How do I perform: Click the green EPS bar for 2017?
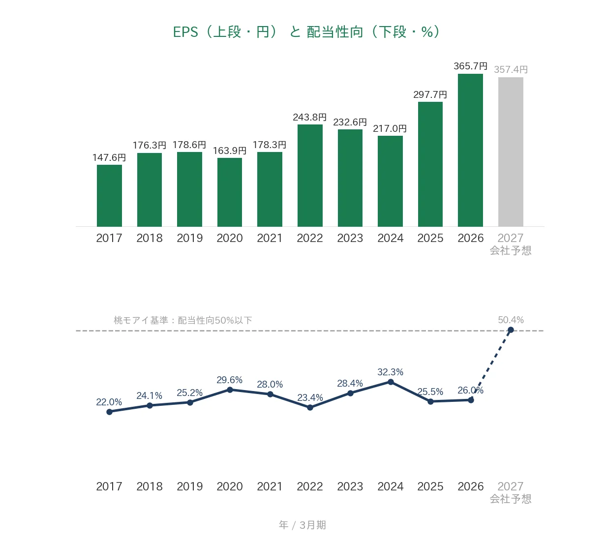(x=109, y=195)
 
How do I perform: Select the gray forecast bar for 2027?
(x=511, y=152)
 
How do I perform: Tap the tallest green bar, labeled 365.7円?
(x=470, y=150)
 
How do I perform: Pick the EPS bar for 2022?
(x=310, y=175)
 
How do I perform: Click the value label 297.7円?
(x=430, y=95)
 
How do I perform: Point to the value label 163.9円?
(x=230, y=151)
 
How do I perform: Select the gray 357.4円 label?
(x=511, y=70)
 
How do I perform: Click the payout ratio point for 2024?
(x=391, y=382)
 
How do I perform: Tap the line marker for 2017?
(x=110, y=412)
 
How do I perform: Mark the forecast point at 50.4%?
(x=511, y=330)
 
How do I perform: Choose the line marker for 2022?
(x=310, y=408)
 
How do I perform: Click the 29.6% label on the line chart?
(x=230, y=380)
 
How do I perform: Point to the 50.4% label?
(x=511, y=320)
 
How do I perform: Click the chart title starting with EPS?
(x=306, y=31)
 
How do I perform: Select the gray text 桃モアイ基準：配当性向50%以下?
(x=183, y=320)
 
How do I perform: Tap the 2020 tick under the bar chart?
(x=230, y=238)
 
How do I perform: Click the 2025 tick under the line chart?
(x=430, y=486)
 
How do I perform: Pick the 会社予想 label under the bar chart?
(x=510, y=251)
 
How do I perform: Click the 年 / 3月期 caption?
(x=302, y=525)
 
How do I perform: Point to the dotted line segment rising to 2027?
(x=491, y=365)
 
